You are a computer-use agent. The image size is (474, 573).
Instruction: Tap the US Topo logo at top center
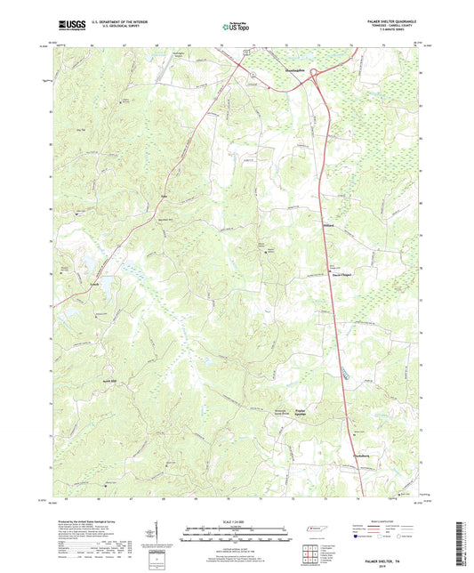click(x=234, y=28)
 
